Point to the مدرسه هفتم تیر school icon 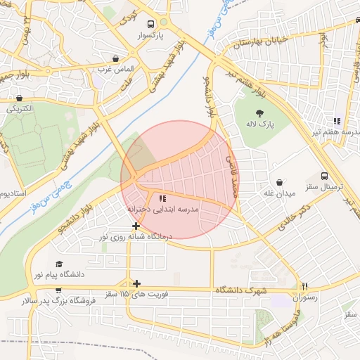337,120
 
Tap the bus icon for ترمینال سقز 323,176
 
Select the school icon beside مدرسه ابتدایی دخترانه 162,198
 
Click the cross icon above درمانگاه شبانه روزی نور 136,226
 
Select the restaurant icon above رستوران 304,286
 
